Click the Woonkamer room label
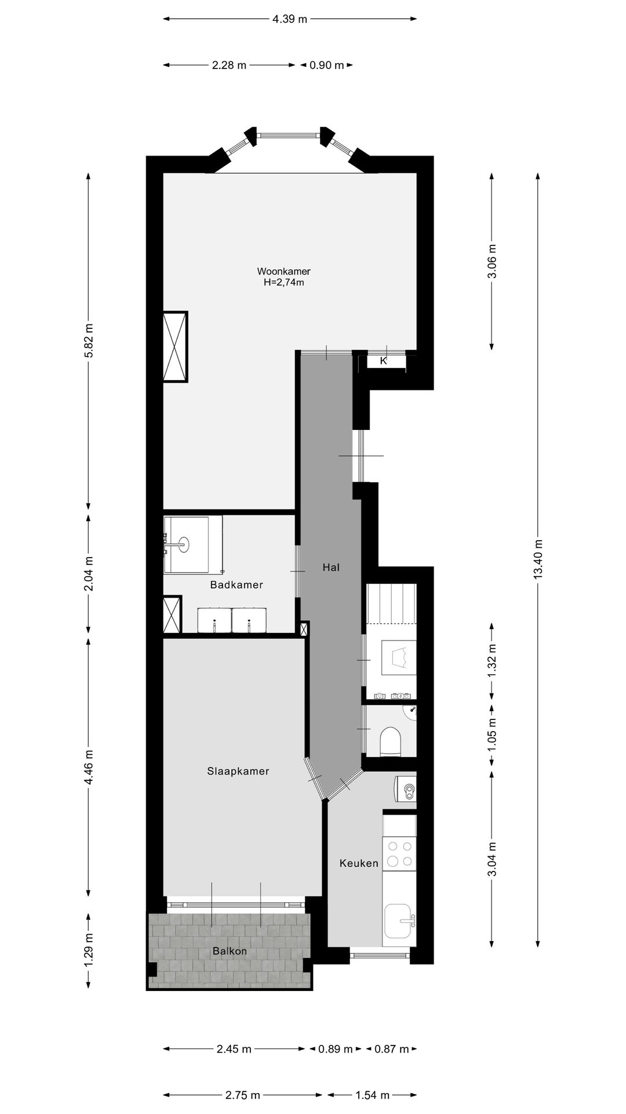coord(283,271)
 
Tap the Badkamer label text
coord(236,585)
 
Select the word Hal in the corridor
coord(331,567)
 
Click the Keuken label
coord(359,863)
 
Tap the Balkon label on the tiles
coord(230,951)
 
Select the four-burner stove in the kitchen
coord(400,853)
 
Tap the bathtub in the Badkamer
coord(193,544)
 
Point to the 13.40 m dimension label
coord(538,559)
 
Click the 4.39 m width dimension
coord(290,19)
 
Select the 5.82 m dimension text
coord(89,347)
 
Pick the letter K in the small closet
coord(383,361)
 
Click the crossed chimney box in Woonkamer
coord(176,347)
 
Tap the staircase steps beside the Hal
coord(392,603)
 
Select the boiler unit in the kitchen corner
coord(405,789)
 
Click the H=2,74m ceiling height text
coord(283,283)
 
